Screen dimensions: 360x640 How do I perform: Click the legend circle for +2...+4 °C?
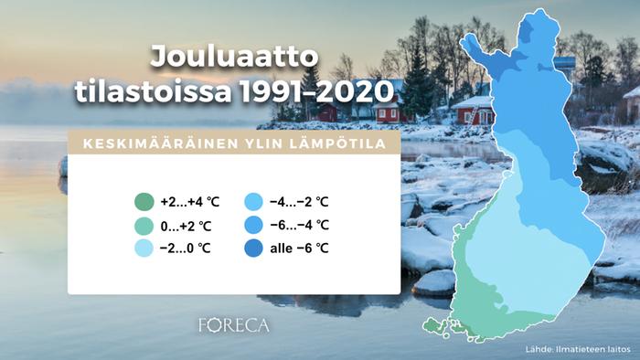(143, 202)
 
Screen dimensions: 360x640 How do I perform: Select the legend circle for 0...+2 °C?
(143, 225)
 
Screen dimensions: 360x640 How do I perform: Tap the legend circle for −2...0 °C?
(143, 248)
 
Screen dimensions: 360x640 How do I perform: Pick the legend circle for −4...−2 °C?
(253, 202)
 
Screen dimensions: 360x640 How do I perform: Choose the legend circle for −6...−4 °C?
(253, 225)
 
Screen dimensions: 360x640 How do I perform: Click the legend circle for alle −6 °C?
(253, 248)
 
